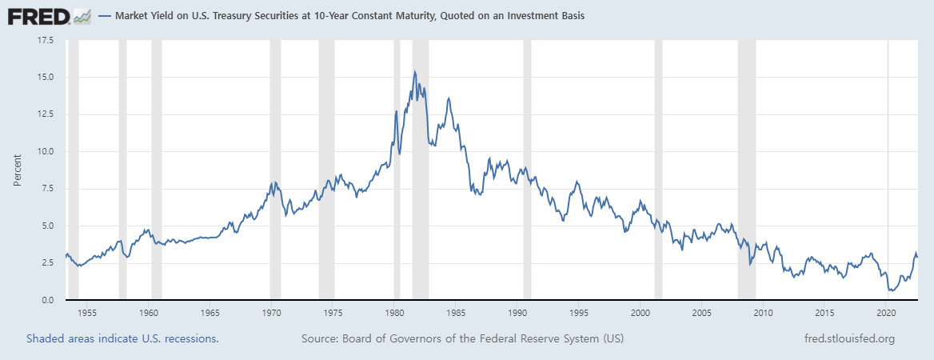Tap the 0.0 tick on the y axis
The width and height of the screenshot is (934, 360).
pyautogui.click(x=47, y=300)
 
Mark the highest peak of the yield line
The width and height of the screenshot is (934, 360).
pyautogui.click(x=414, y=71)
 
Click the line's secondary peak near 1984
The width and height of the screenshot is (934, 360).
pyautogui.click(x=449, y=98)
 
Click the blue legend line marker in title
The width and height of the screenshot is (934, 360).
pyautogui.click(x=106, y=16)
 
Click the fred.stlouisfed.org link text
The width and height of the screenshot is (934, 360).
pyautogui.click(x=848, y=339)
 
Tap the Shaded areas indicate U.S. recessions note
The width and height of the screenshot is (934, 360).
pyautogui.click(x=122, y=339)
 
